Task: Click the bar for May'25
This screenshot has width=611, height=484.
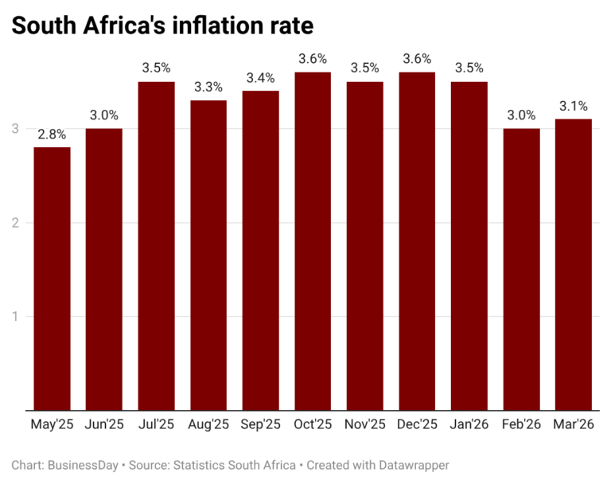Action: (x=52, y=279)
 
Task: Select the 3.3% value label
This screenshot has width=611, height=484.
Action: (x=208, y=86)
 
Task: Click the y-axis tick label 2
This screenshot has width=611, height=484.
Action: (x=15, y=222)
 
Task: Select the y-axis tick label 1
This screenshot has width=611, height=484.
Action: (x=15, y=316)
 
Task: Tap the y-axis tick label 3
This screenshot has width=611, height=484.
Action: (x=15, y=129)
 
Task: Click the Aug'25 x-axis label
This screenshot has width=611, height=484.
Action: (x=208, y=425)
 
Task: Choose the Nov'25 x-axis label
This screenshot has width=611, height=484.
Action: (x=364, y=425)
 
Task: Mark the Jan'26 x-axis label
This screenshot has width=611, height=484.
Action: (x=469, y=425)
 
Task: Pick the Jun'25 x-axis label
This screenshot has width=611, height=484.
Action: (x=104, y=425)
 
